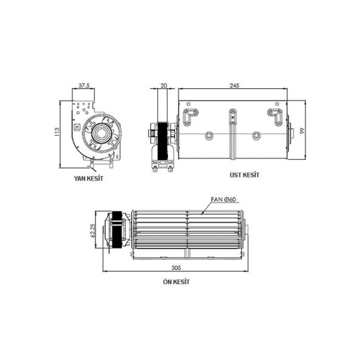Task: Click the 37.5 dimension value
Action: [x=85, y=86]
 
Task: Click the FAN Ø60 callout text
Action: [x=223, y=199]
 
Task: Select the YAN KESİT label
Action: [x=88, y=178]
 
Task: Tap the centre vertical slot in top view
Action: [x=233, y=122]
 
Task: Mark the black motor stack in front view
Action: [x=119, y=232]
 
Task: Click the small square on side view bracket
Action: [x=77, y=127]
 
